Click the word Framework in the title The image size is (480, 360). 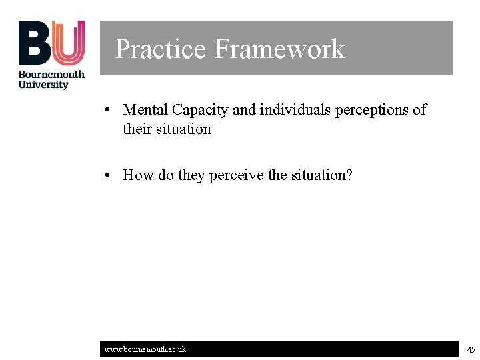point(279,49)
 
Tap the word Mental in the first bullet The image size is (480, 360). point(145,109)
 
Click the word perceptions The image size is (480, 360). point(373,110)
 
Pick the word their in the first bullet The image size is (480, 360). point(137,129)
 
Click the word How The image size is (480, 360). point(138,175)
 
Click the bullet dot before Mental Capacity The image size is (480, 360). point(107,110)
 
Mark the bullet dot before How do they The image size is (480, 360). point(107,175)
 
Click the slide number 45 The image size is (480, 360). point(471,349)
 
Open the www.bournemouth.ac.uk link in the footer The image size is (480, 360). point(145,349)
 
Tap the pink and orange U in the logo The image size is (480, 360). point(69,42)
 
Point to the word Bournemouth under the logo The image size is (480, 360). point(51,74)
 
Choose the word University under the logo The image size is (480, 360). point(43,85)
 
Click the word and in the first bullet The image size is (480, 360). point(244,109)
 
